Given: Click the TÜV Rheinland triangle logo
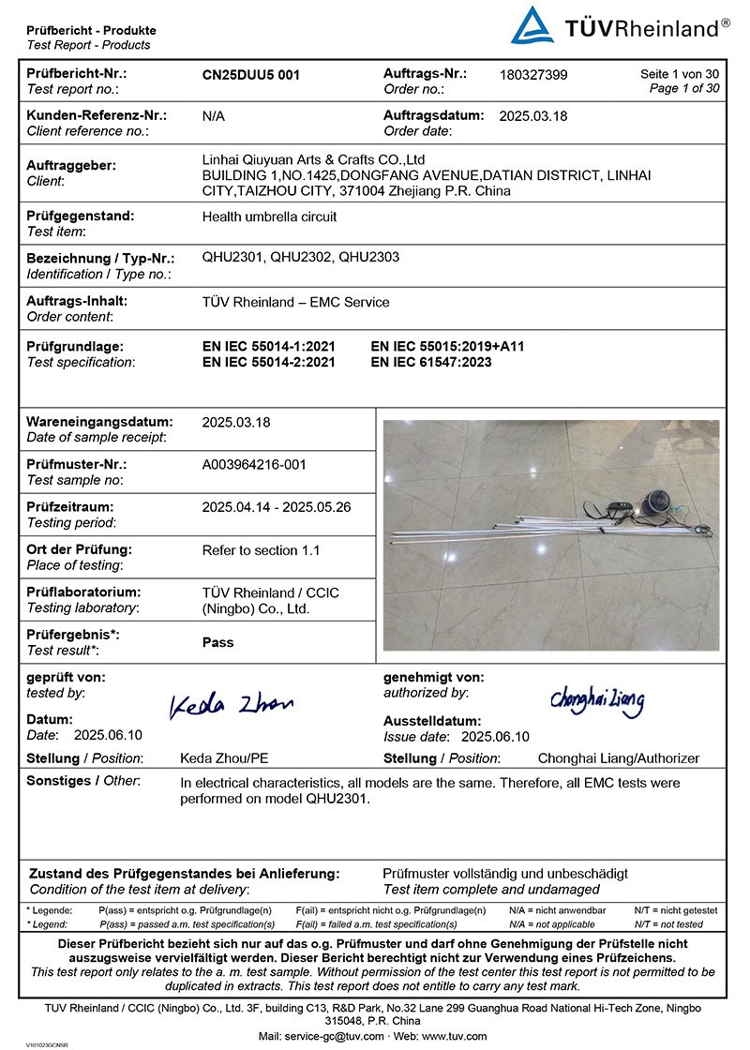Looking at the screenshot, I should [532, 25].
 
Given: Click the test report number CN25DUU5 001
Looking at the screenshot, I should [251, 75].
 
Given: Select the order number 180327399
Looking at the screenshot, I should [533, 75].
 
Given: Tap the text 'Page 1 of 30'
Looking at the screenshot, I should [684, 88].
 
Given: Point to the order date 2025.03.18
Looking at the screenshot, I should [533, 116].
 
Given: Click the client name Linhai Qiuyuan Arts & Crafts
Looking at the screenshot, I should [314, 159].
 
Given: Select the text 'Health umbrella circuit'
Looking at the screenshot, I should [269, 217].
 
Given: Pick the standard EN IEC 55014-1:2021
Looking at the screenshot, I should [268, 346].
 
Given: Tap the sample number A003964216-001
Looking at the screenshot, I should [254, 464].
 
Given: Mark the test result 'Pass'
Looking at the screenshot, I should [218, 643].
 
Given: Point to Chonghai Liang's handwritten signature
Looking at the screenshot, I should [597, 699].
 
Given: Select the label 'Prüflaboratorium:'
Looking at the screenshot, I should [82, 592].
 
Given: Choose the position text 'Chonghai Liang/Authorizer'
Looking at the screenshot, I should [618, 758].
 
